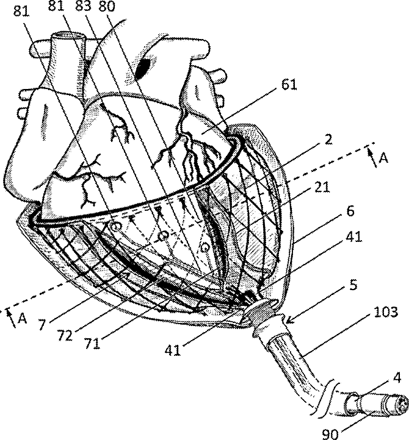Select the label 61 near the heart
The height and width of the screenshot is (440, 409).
[x=289, y=85]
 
